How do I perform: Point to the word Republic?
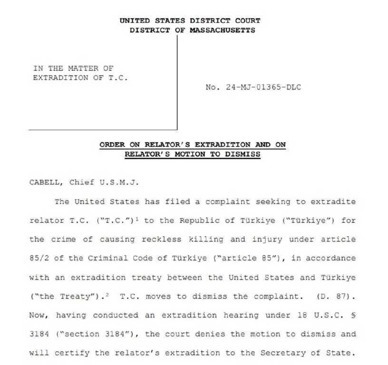click(197, 220)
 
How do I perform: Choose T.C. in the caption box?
click(118, 78)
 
